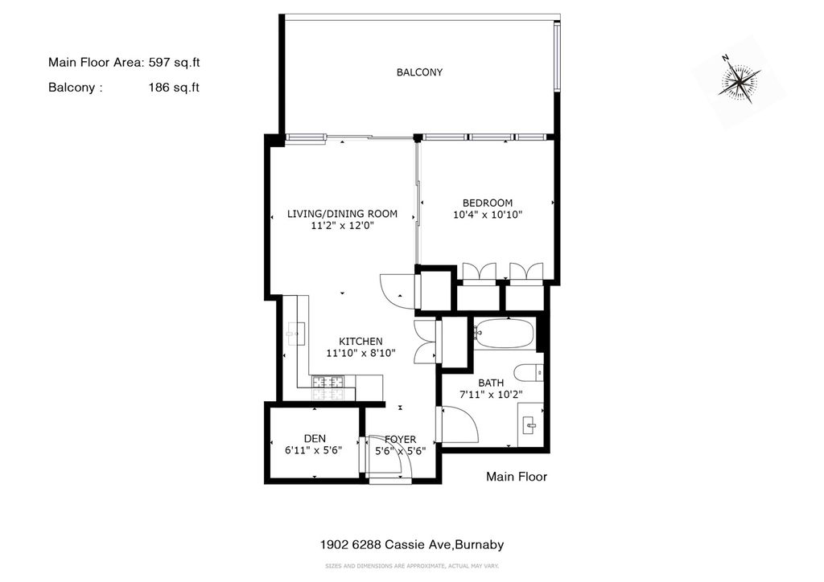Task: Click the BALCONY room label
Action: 419,72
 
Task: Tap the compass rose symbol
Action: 740,81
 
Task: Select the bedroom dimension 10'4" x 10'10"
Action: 488,215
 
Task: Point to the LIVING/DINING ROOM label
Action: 342,214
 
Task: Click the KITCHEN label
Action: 360,341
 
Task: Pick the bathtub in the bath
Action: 504,334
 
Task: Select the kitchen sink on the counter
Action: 296,334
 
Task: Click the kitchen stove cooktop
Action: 328,387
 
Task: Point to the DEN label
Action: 315,439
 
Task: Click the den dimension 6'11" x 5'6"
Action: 313,450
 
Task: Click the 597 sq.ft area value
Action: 174,63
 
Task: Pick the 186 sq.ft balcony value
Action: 174,88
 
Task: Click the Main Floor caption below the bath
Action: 517,477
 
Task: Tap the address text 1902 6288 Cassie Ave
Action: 385,545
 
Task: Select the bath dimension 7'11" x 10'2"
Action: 492,395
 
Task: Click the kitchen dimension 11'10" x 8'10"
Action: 360,353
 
